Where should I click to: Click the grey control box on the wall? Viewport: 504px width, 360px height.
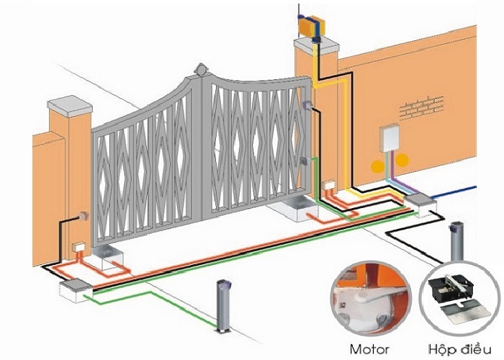tap(390, 138)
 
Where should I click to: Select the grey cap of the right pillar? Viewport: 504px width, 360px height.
tap(318, 48)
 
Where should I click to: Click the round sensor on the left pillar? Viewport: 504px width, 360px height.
tap(83, 215)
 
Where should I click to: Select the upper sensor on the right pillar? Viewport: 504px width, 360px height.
tap(307, 106)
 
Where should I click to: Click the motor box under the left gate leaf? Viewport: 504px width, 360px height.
tap(110, 253)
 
